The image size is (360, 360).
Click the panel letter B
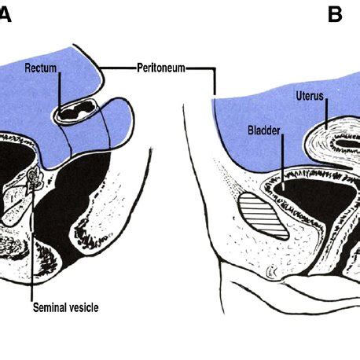tap(335, 15)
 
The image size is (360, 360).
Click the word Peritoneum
tap(161, 68)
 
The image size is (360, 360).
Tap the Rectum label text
tap(41, 68)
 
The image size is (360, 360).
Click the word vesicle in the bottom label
tap(83, 307)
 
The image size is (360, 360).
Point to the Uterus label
tap(310, 96)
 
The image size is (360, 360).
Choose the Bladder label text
tap(264, 130)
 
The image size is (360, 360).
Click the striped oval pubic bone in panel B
tap(264, 216)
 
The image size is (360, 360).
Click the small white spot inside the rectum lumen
tap(83, 114)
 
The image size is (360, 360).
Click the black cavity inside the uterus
tap(347, 143)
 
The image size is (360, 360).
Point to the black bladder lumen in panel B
tap(314, 196)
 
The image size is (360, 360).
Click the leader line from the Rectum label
tap(60, 92)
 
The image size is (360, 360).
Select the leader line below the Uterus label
tap(326, 114)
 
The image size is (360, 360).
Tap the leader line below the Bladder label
tap(283, 162)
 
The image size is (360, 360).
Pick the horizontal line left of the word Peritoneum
tap(118, 68)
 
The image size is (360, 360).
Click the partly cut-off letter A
tap(6, 15)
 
